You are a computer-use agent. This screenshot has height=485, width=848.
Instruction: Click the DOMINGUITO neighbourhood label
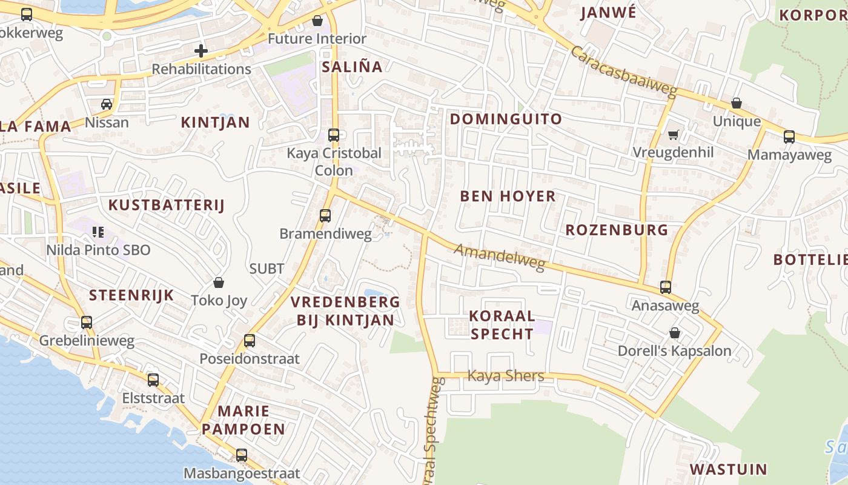tap(506, 119)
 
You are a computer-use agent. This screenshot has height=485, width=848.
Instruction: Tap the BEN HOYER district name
tap(508, 196)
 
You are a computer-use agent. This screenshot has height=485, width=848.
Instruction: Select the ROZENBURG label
tap(617, 230)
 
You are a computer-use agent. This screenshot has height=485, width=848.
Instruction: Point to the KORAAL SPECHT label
tap(502, 324)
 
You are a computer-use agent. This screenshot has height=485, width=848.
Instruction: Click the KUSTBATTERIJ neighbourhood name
tap(166, 205)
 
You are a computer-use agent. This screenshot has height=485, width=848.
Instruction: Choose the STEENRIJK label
tap(131, 295)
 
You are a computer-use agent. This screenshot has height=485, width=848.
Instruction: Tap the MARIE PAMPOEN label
tap(243, 420)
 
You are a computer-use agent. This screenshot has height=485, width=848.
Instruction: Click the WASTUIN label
tap(728, 469)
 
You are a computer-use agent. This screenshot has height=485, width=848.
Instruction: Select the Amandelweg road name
tap(500, 256)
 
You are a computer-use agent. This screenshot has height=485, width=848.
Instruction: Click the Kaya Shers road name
tap(506, 376)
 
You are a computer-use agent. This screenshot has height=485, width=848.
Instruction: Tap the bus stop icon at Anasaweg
tap(666, 287)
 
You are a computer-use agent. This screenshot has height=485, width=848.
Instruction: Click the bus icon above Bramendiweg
tap(325, 215)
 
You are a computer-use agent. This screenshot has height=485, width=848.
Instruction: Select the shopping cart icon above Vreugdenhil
tap(673, 135)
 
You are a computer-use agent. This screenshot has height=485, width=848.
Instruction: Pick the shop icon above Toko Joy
tap(219, 283)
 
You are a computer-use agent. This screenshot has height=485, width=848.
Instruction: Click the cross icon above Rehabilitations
tap(201, 51)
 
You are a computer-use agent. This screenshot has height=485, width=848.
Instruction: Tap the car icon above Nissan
tap(107, 104)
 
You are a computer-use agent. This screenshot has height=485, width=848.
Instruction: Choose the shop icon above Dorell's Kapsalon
tap(674, 333)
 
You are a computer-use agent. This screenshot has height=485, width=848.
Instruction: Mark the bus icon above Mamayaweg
tap(789, 136)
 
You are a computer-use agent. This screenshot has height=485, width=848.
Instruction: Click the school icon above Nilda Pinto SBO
tap(98, 232)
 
